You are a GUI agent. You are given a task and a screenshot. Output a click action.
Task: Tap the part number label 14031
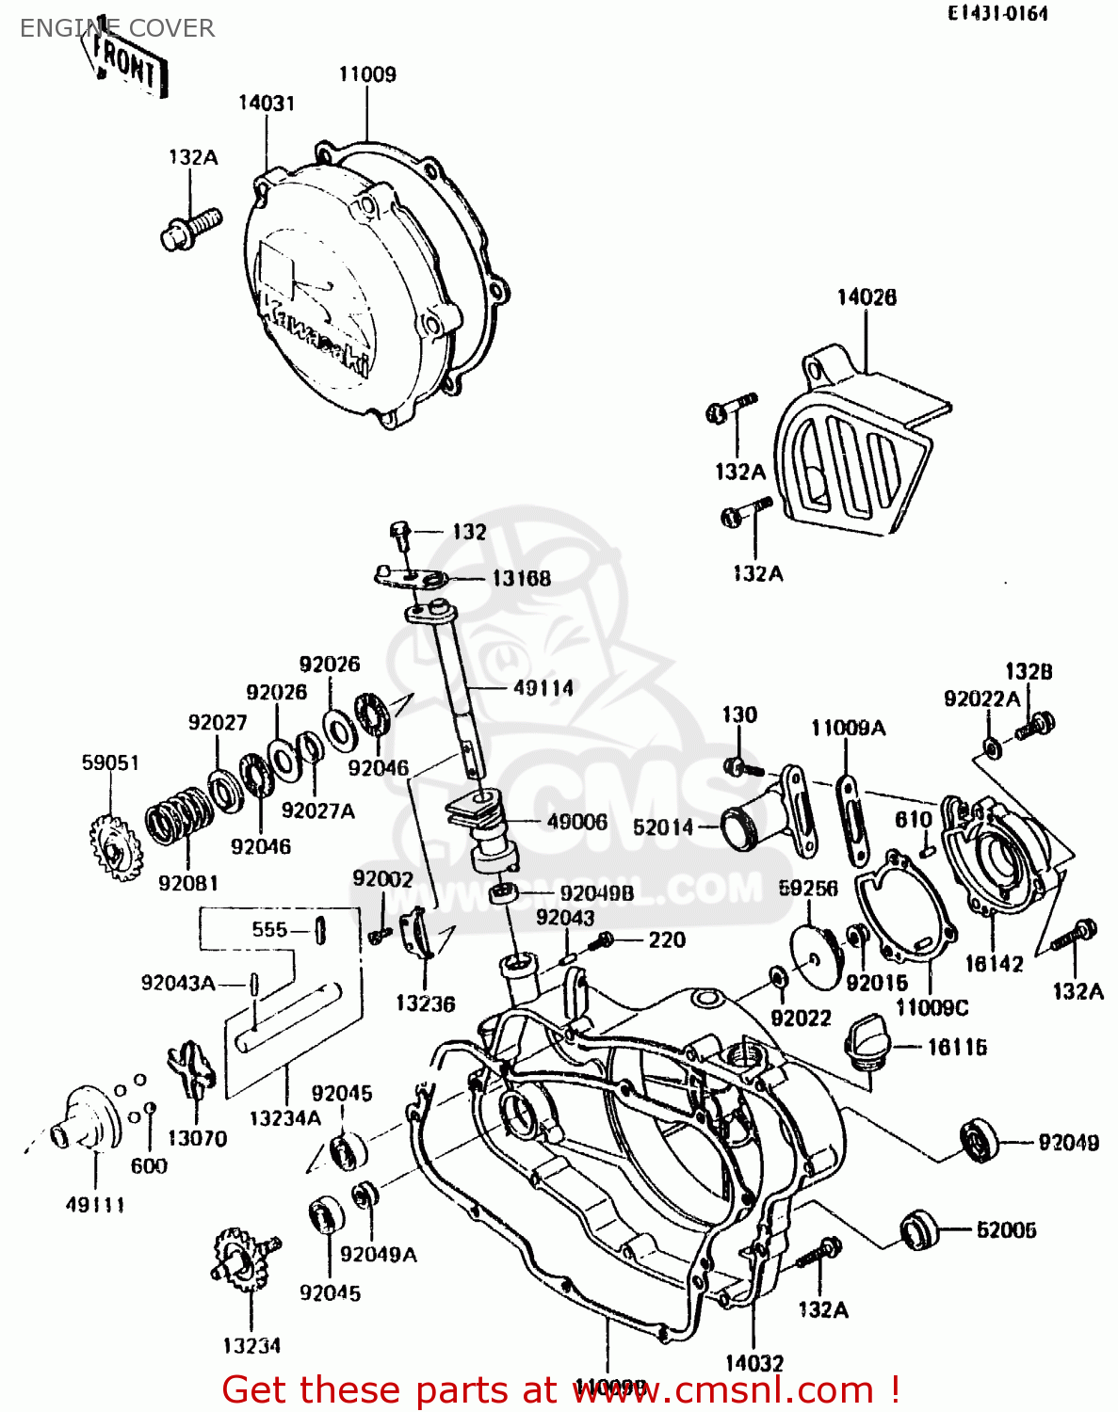pyautogui.click(x=266, y=103)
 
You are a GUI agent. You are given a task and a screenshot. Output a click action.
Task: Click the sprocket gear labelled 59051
pyautogui.click(x=116, y=849)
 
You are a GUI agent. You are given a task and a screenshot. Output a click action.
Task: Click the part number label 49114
pyautogui.click(x=543, y=688)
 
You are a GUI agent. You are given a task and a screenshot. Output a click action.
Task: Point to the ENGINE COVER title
pyautogui.click(x=117, y=28)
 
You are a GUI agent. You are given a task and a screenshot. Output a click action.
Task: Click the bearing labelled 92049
pyautogui.click(x=980, y=1140)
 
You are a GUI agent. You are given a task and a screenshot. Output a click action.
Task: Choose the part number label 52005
pyautogui.click(x=1006, y=1229)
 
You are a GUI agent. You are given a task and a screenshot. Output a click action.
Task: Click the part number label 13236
pyautogui.click(x=425, y=1003)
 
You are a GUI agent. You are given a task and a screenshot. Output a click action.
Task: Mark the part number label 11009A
pyautogui.click(x=848, y=728)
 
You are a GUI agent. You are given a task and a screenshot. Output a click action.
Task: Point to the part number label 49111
pyautogui.click(x=95, y=1204)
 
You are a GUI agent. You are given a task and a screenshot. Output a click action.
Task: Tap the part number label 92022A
pyautogui.click(x=981, y=698)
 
